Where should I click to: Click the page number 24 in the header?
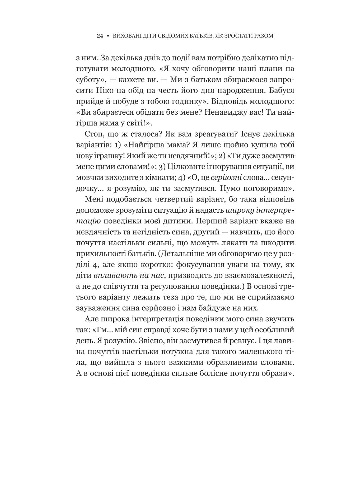(99, 36)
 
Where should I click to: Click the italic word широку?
(240, 210)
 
